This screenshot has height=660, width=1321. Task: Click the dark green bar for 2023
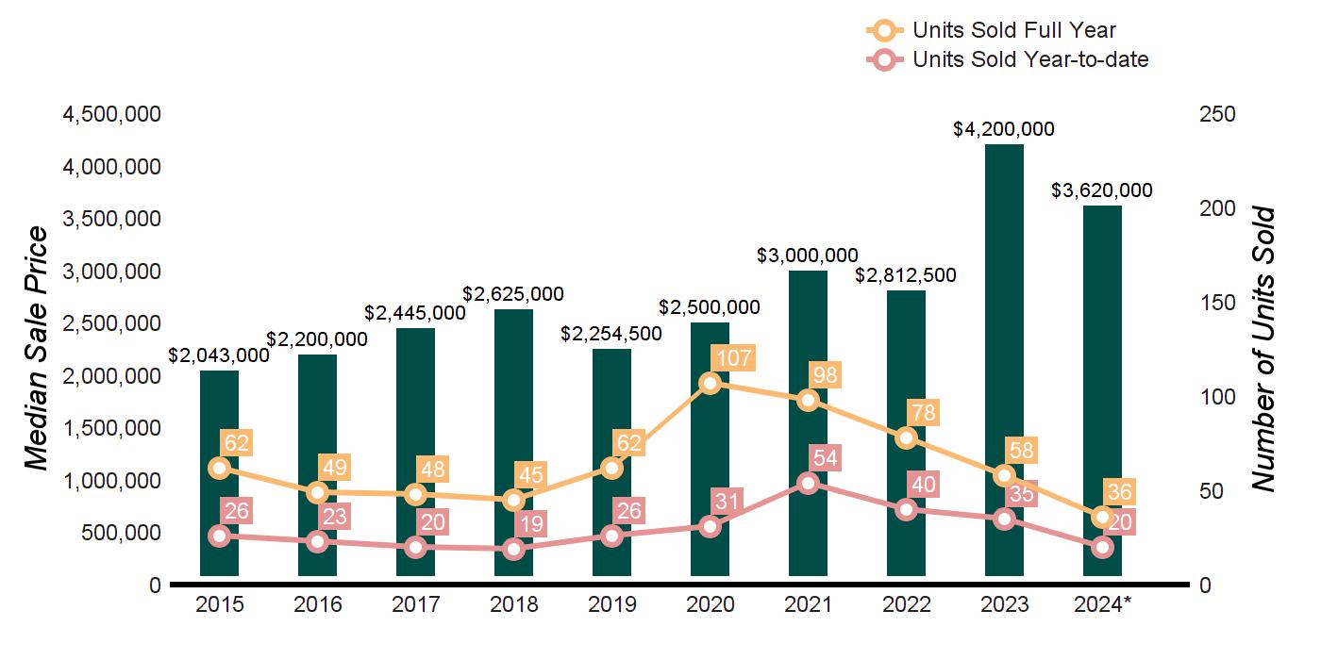click(1004, 358)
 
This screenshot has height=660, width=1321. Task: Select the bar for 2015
click(219, 471)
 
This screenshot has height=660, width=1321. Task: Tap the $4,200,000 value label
click(1004, 129)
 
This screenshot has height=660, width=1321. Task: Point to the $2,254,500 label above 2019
click(611, 334)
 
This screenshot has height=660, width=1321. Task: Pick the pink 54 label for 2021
click(828, 458)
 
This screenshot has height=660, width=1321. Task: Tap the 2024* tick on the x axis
click(1103, 604)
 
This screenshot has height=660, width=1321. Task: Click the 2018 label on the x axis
click(513, 604)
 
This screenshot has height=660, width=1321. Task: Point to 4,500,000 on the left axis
click(111, 115)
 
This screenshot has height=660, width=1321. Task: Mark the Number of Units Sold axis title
click(1263, 349)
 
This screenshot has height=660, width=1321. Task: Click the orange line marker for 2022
click(906, 437)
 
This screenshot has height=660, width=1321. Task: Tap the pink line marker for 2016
click(317, 541)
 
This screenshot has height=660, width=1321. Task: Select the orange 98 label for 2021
click(828, 374)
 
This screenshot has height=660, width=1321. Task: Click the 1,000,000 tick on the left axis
click(111, 481)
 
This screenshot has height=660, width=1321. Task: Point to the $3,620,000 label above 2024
click(1102, 190)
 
